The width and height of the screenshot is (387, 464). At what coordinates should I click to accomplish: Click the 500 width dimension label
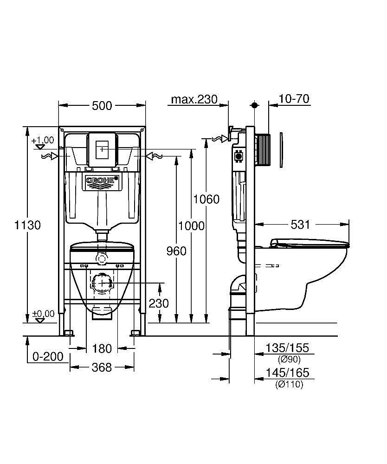point(102,106)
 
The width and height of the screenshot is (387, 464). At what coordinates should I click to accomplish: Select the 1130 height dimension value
point(28,226)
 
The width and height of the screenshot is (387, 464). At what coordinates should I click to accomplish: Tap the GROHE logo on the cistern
point(102,180)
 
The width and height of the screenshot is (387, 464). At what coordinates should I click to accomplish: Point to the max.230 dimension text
point(194,99)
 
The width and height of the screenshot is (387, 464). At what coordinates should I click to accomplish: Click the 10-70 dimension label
point(294,99)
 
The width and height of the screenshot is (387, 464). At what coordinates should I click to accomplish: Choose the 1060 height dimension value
point(206,200)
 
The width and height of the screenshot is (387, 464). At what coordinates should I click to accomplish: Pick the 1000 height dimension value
point(191,226)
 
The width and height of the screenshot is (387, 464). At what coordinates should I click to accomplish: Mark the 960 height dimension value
point(176,251)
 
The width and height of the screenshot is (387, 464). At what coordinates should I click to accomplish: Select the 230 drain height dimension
point(159,303)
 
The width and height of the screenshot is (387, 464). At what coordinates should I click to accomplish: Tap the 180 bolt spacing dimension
point(102,348)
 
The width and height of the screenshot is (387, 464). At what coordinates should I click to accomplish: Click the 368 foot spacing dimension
point(102,367)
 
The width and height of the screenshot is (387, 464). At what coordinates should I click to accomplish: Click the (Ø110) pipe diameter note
point(289,384)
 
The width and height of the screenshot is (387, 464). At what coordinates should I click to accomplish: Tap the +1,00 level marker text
point(43,140)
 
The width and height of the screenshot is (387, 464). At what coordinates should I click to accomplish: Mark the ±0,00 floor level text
point(43,314)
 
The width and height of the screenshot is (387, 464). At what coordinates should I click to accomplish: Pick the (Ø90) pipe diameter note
point(289,360)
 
